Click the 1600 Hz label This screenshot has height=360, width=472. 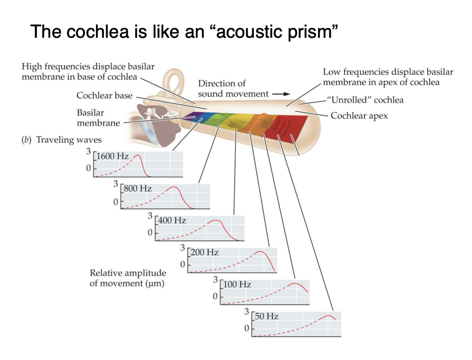click(113, 156)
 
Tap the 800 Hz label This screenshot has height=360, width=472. click(138, 189)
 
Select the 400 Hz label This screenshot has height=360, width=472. click(172, 220)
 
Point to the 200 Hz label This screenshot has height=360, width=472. click(205, 253)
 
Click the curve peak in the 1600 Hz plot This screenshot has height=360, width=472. click(138, 156)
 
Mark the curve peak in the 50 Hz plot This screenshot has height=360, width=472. click(328, 316)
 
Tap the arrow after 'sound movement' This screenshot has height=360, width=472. click(281, 93)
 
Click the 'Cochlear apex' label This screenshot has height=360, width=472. click(359, 115)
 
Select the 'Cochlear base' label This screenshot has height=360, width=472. click(104, 95)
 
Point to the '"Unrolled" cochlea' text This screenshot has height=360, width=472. click(365, 100)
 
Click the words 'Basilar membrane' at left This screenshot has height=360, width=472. click(98, 118)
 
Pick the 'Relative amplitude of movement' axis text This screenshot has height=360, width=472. click(128, 278)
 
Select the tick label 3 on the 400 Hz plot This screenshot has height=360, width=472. click(150, 216)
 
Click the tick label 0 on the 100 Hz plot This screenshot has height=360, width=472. click(215, 296)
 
